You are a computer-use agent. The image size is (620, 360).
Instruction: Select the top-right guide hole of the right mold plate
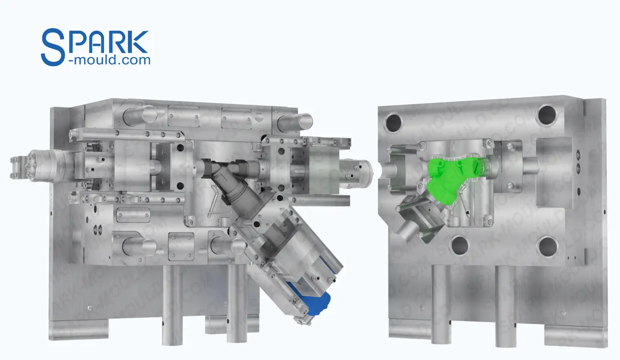(547, 114)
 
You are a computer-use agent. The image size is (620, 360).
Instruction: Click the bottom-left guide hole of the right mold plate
(459, 245)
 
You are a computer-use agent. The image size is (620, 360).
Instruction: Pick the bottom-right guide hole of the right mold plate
(547, 246)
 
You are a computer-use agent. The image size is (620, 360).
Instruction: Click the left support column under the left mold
(172, 304)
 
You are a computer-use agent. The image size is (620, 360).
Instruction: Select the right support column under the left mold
(237, 304)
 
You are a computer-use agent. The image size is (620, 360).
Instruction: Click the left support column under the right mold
(442, 304)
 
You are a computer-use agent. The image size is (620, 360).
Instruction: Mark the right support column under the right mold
(506, 306)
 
